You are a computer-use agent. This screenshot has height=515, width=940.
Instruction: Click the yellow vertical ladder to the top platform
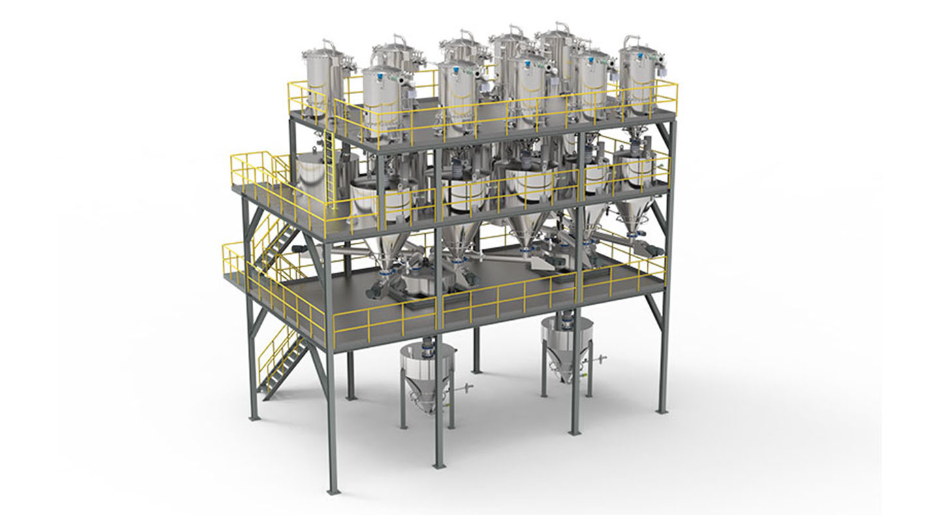coord(330,166)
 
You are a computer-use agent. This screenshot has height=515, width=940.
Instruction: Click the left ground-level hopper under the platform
coord(427,375)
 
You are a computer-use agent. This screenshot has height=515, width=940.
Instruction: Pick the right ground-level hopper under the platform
coord(566,346)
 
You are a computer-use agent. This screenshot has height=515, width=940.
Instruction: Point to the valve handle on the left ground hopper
coord(465,391)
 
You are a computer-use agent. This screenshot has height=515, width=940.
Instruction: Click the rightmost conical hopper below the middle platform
coord(631,215)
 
